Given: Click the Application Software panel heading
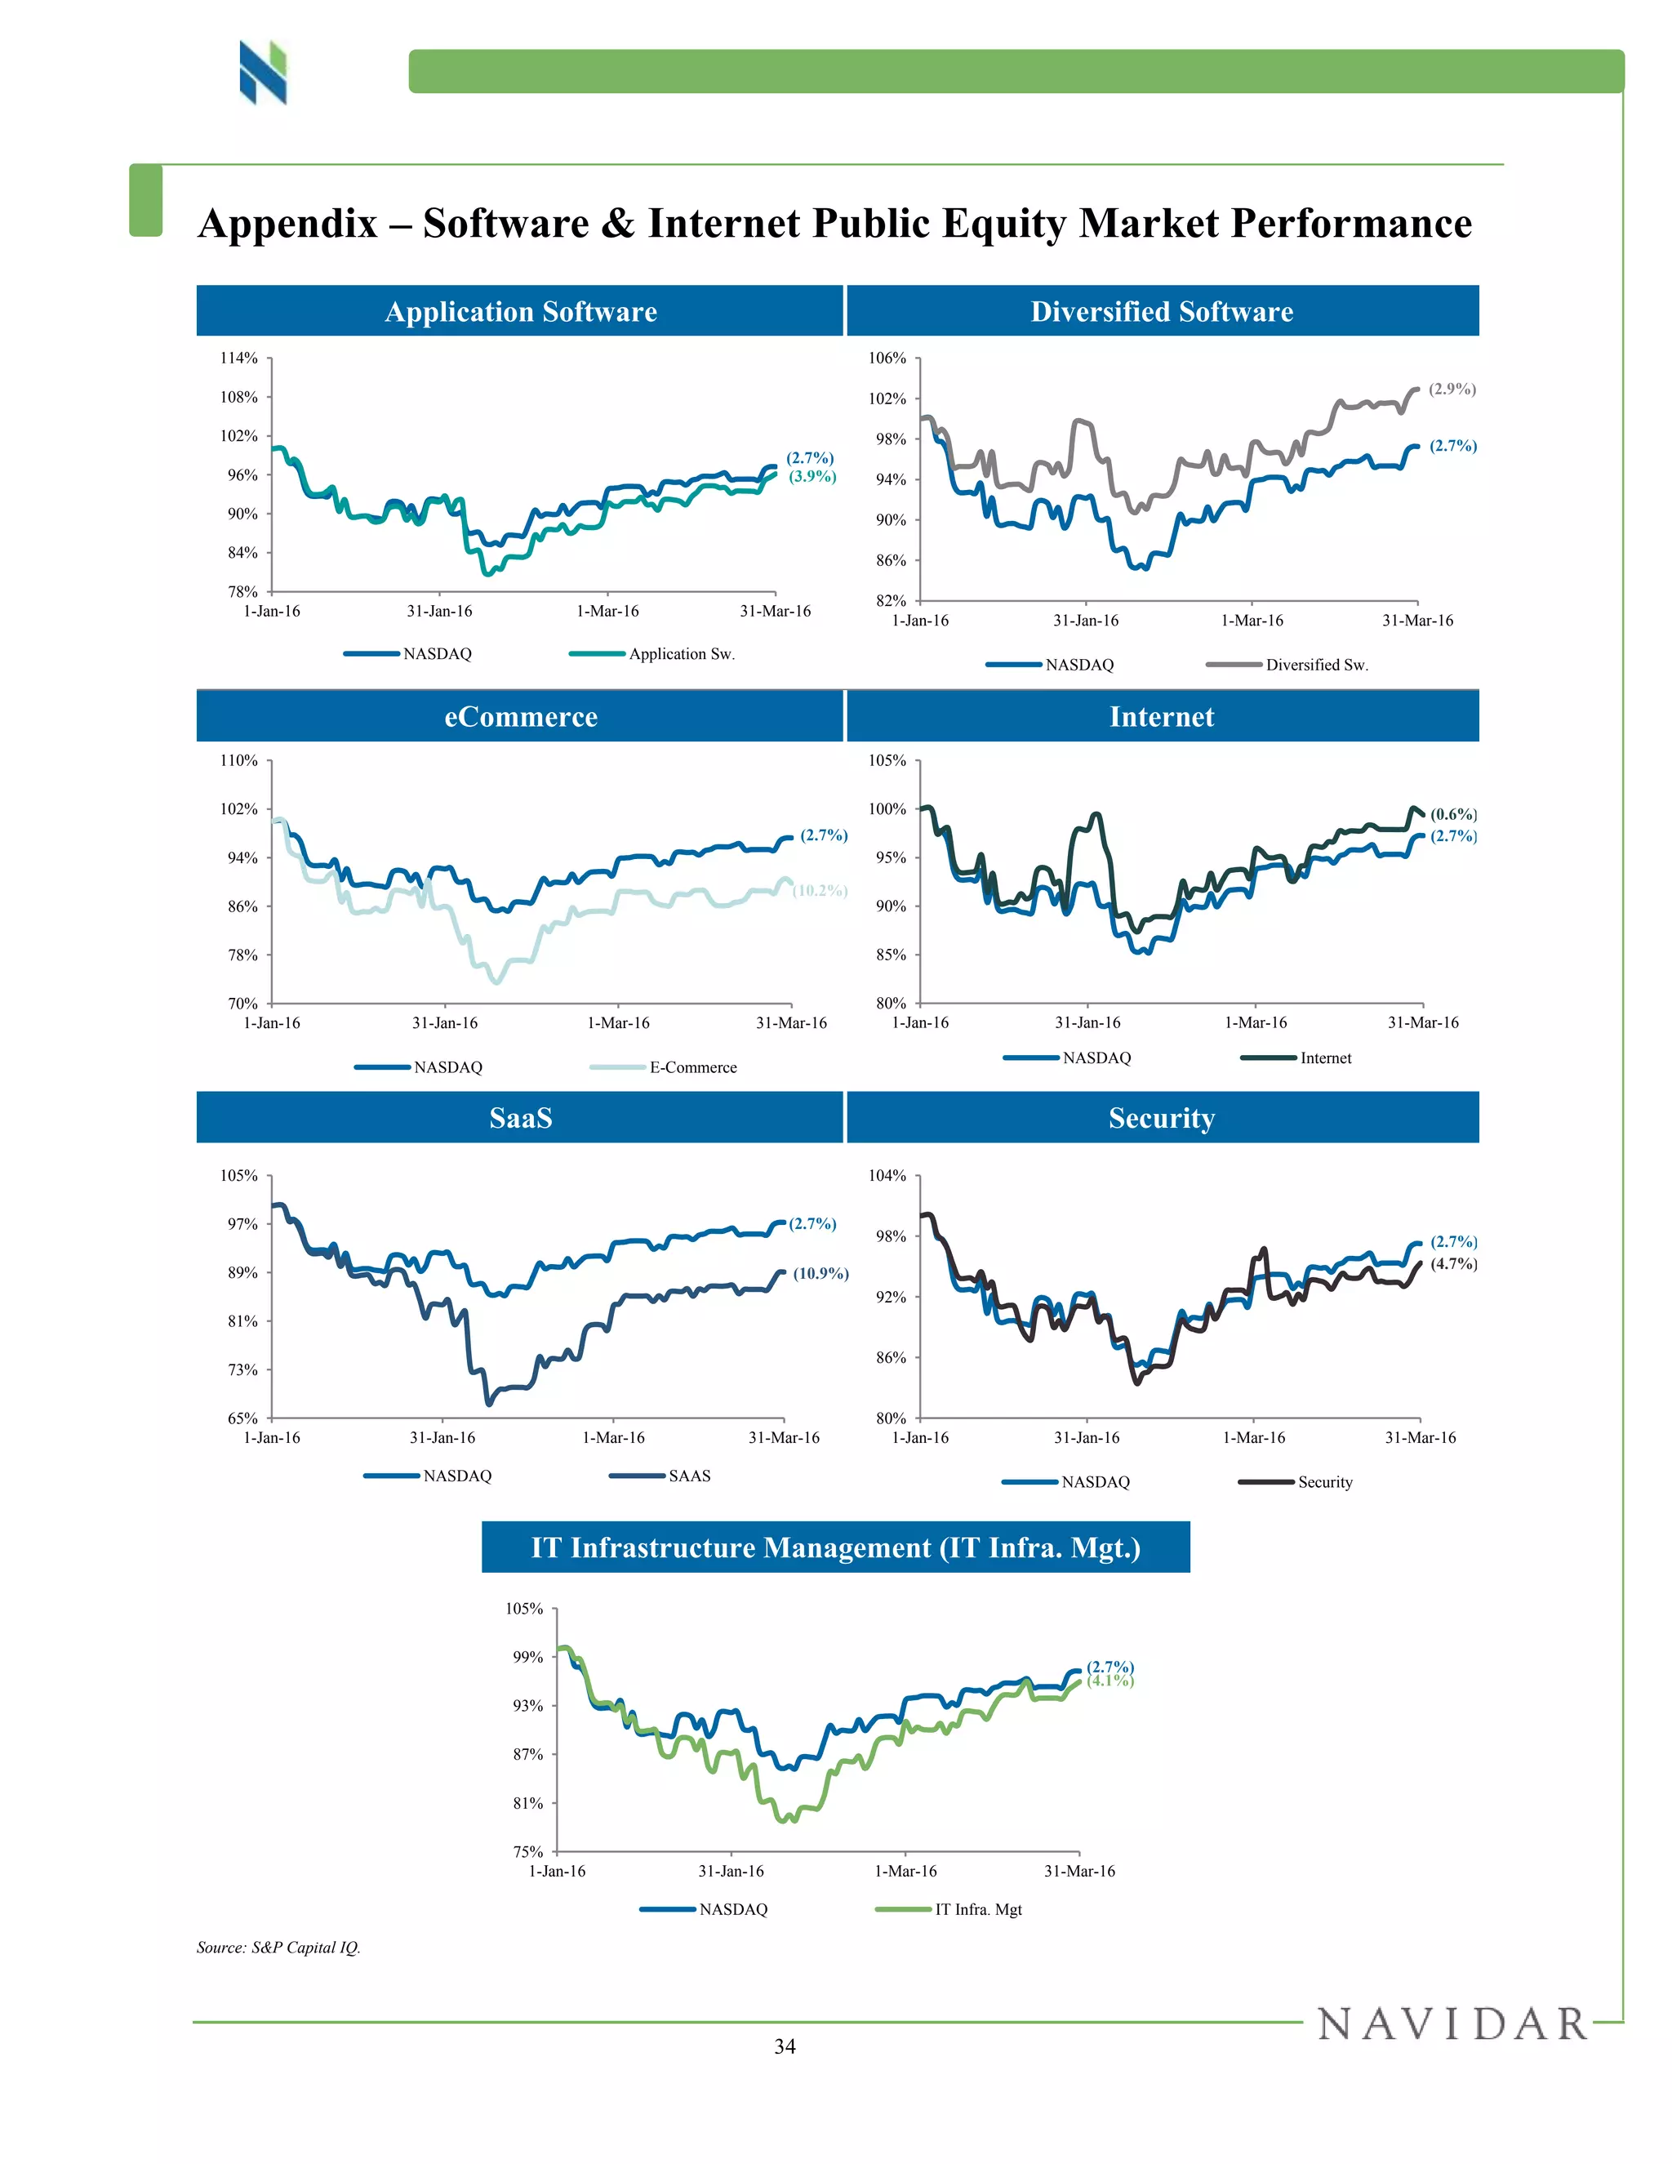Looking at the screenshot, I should tap(520, 311).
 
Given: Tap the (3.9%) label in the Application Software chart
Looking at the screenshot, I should tap(812, 477).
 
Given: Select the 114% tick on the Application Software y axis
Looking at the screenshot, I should tap(238, 358).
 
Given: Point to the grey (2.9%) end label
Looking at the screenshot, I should tap(1452, 390).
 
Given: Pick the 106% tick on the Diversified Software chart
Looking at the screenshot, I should tap(887, 358).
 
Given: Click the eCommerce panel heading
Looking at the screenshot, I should tap(520, 716).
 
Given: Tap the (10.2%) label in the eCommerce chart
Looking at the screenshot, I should tap(820, 891).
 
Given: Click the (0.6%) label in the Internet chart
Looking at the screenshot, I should tap(1453, 814).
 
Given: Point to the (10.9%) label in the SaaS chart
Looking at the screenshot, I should tap(820, 1273).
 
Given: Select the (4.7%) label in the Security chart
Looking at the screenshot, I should tap(1453, 1263).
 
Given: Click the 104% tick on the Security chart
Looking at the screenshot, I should tap(887, 1175).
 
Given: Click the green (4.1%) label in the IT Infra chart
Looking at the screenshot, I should tap(1110, 1681).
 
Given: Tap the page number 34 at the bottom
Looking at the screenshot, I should tap(785, 2047).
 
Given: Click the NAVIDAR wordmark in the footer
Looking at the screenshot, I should tap(1451, 2024).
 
